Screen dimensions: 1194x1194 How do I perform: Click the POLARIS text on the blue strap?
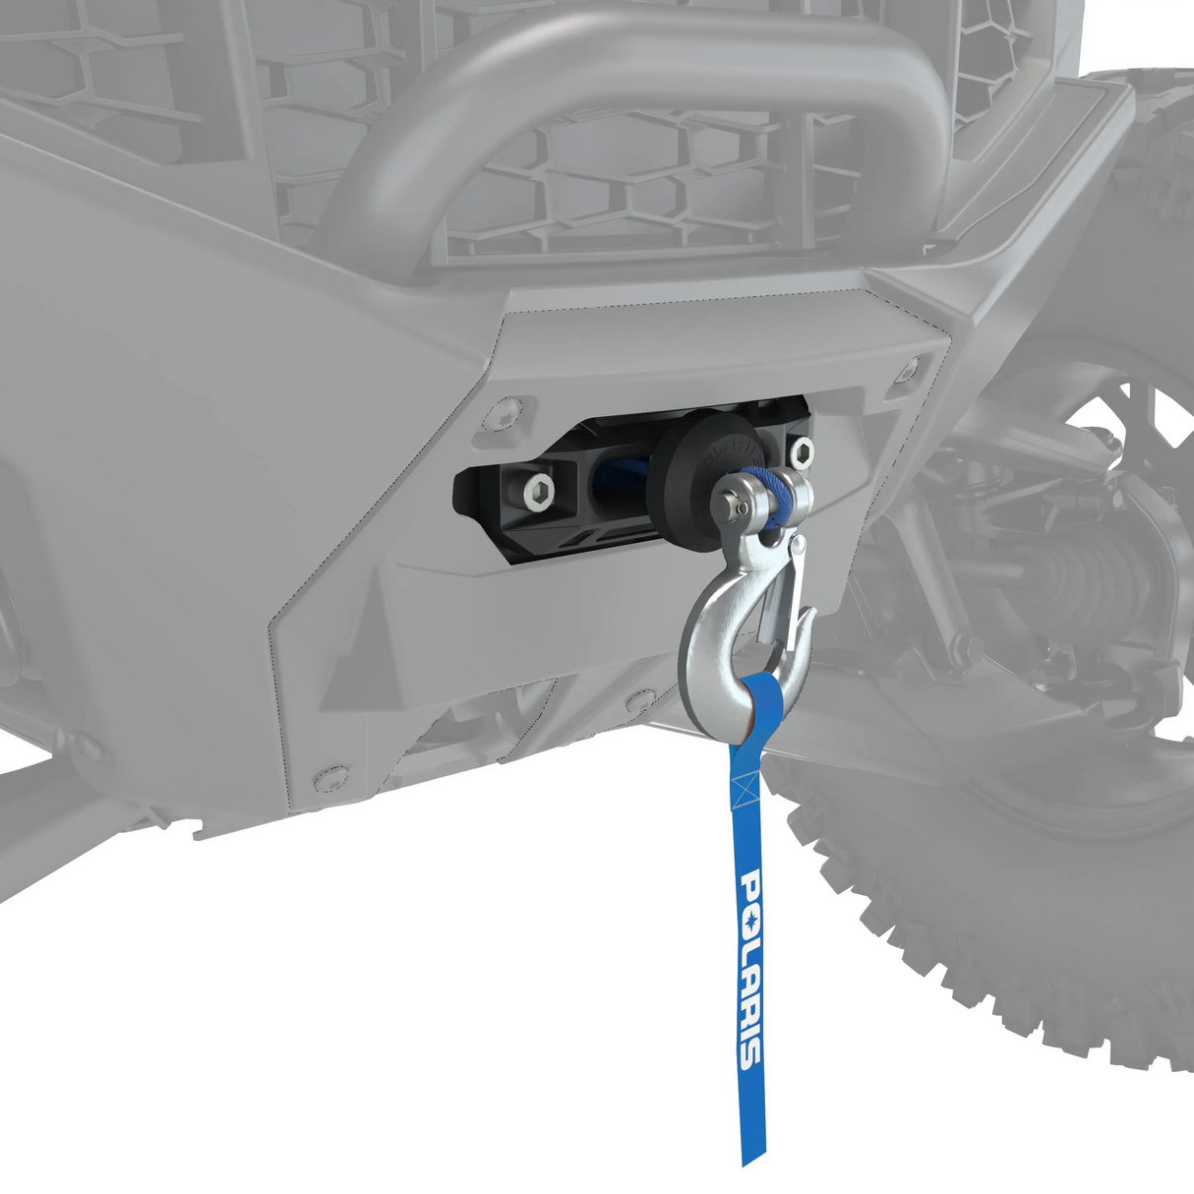(748, 969)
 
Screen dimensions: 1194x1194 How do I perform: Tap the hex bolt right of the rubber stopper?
(802, 453)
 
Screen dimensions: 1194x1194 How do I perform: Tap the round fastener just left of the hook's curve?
(640, 701)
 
